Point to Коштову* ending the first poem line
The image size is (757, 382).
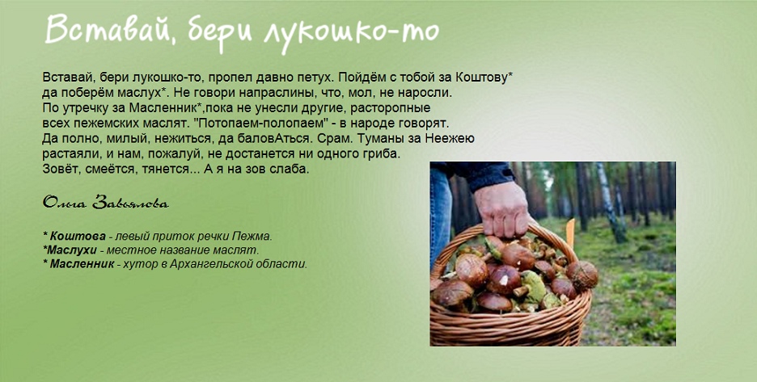pos(488,78)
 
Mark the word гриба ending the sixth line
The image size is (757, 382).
pos(385,154)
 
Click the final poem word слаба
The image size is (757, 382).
pos(290,170)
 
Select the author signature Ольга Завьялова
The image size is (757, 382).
pos(106,202)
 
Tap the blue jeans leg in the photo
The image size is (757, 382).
pos(440,212)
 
